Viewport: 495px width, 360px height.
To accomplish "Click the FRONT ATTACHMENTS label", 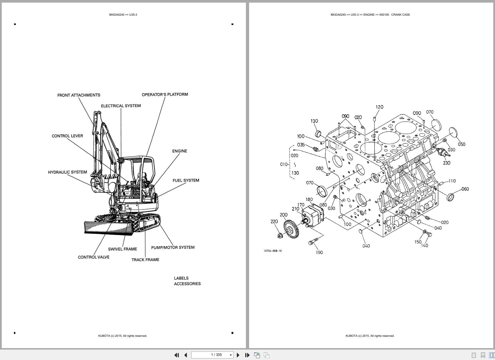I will pos(79,95).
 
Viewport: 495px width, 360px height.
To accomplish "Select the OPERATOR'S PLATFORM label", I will pos(165,95).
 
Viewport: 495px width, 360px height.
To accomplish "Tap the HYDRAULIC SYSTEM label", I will pos(67,172).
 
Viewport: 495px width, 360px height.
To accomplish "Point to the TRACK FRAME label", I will pos(145,260).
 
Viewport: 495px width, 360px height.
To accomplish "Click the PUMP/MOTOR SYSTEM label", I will pos(173,247).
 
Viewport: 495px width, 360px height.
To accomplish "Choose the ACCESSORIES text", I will pos(187,284).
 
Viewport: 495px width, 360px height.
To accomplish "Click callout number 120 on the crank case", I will pos(379,107).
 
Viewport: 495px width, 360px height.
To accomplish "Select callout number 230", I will pos(447,163).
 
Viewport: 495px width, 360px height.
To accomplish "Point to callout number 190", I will pos(319,252).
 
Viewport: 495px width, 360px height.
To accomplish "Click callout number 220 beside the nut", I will pos(274,221).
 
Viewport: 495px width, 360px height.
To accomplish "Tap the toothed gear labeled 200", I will pos(291,229).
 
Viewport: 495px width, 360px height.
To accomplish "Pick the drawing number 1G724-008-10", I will pos(273,251).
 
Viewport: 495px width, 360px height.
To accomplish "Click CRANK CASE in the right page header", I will pos(400,15).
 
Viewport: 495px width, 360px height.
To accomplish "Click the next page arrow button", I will pos(238,355).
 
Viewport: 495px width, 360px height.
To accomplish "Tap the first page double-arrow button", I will pos(176,355).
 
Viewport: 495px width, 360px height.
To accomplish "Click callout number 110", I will pos(452,181).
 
